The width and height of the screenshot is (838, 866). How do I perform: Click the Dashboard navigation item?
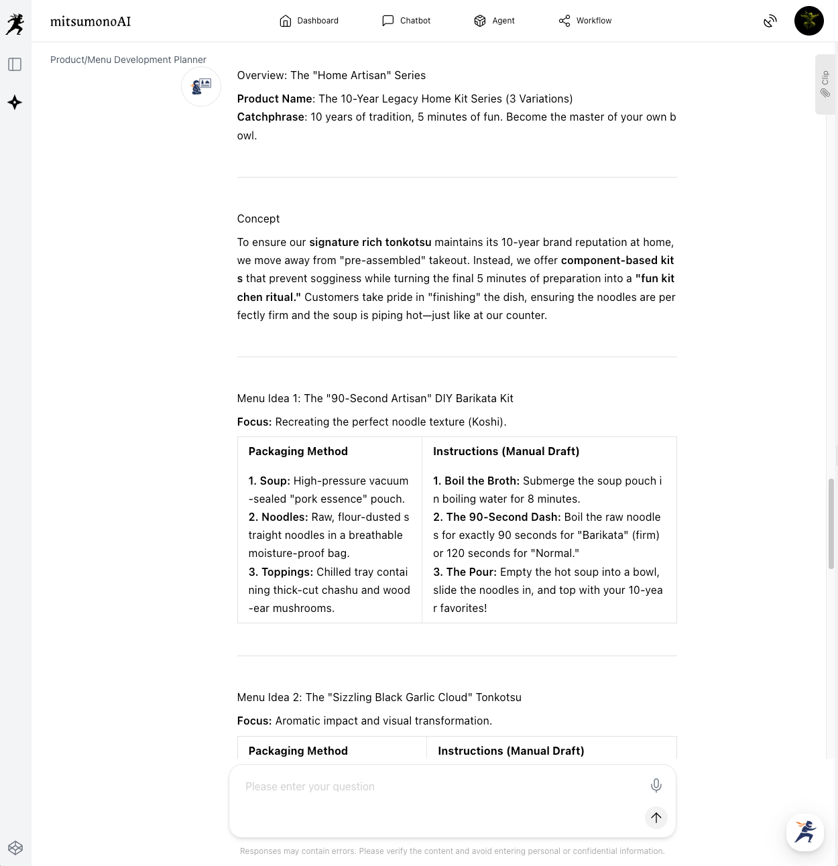pyautogui.click(x=309, y=21)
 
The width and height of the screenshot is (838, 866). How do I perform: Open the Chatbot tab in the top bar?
pyautogui.click(x=406, y=21)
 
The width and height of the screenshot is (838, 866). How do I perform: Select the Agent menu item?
pyautogui.click(x=494, y=21)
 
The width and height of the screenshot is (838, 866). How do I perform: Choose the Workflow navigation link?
pyautogui.click(x=585, y=21)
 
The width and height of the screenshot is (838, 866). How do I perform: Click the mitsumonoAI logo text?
pyautogui.click(x=91, y=21)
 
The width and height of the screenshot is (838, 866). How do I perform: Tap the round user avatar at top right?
pyautogui.click(x=809, y=21)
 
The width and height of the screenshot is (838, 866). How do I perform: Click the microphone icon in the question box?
pyautogui.click(x=656, y=786)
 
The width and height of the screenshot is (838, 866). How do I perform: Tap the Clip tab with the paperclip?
pyautogui.click(x=825, y=84)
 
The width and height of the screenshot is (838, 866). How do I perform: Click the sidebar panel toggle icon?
pyautogui.click(x=15, y=64)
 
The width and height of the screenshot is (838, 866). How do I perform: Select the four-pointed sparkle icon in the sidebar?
pyautogui.click(x=15, y=103)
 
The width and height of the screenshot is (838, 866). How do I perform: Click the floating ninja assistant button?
pyautogui.click(x=804, y=832)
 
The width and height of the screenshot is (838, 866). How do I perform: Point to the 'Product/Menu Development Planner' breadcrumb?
pyautogui.click(x=128, y=60)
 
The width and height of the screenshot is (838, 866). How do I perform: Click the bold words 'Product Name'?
pyautogui.click(x=274, y=99)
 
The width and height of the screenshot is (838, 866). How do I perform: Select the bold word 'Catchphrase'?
pyautogui.click(x=271, y=117)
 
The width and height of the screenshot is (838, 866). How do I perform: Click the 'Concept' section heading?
pyautogui.click(x=258, y=219)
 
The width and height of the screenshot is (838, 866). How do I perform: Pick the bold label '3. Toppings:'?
pyautogui.click(x=281, y=572)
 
